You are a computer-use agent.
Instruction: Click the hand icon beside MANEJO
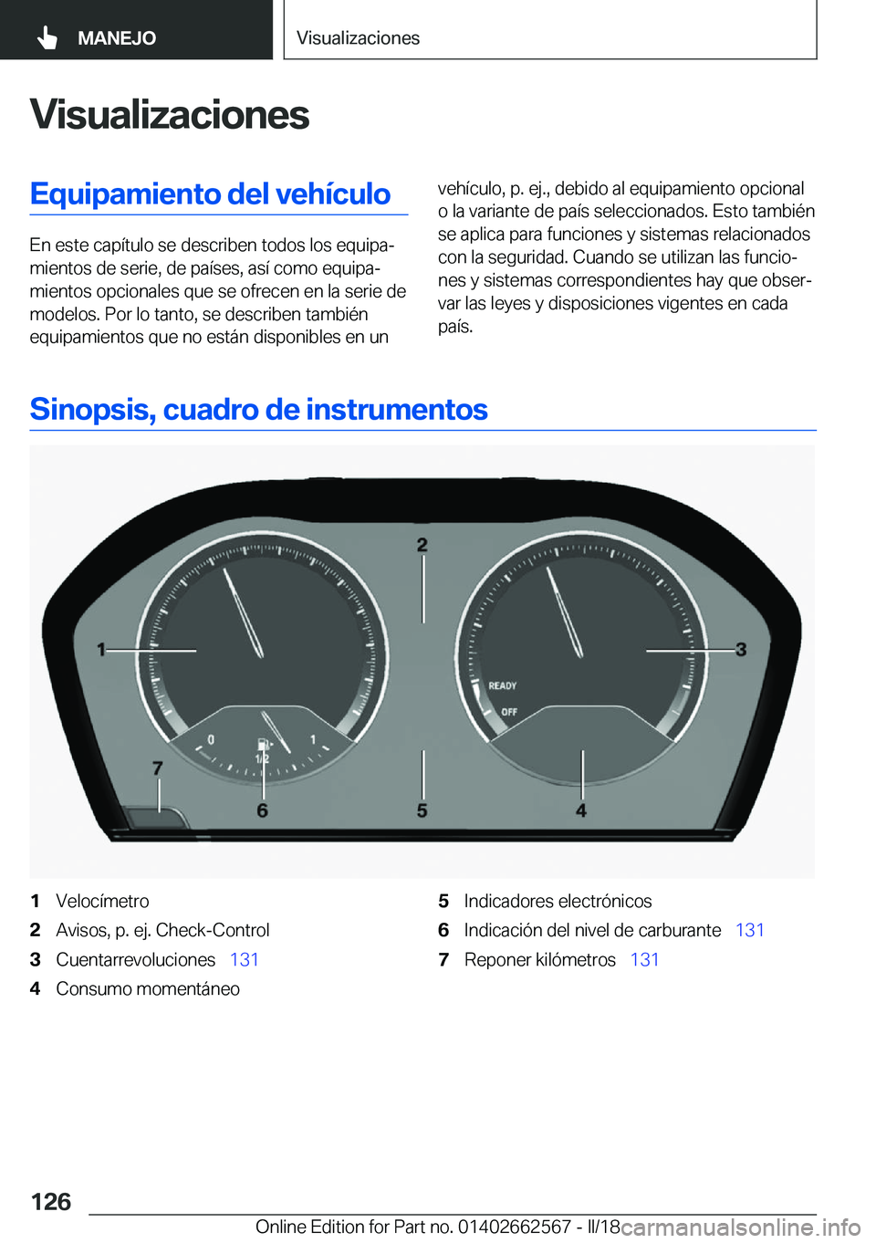point(47,37)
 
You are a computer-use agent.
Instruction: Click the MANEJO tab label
point(117,38)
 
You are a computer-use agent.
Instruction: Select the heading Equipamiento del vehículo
point(210,193)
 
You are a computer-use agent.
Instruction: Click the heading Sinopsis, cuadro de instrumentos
point(258,409)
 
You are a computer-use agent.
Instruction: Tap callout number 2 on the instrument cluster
point(422,545)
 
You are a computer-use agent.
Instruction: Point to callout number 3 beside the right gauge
point(741,649)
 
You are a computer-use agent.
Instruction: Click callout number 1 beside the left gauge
point(101,649)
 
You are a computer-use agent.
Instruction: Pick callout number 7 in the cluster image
point(157,768)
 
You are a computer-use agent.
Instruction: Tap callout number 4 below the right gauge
point(581,810)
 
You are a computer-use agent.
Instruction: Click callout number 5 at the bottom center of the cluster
point(422,810)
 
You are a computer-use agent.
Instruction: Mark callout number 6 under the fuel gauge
point(262,810)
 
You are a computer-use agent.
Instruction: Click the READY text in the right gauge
point(502,685)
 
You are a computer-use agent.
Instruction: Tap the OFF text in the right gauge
point(508,712)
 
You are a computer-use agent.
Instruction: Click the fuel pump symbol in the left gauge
point(263,744)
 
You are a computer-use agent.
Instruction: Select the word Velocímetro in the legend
point(102,901)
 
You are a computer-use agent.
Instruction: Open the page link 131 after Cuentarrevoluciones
point(245,959)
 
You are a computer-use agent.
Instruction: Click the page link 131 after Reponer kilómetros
point(644,959)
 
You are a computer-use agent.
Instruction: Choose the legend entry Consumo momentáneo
point(148,988)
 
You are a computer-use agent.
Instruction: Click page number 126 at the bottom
point(51,1201)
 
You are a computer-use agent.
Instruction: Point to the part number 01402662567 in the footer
point(515,1227)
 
